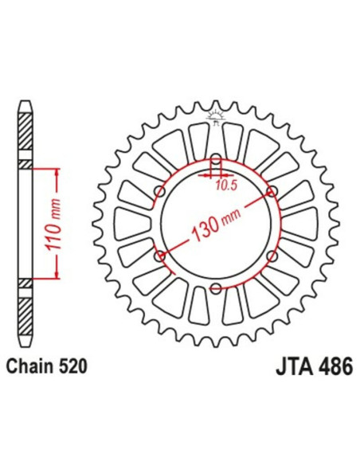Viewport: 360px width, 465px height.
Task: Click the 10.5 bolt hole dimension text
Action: [226, 186]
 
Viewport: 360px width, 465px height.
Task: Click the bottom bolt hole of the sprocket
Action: [216, 287]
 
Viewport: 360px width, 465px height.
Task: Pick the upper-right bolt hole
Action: [272, 190]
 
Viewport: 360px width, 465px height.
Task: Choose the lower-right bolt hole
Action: [272, 255]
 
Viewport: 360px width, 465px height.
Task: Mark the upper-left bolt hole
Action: [160, 190]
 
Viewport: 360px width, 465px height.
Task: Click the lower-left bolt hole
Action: [160, 255]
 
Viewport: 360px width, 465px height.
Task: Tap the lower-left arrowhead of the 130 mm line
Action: [165, 252]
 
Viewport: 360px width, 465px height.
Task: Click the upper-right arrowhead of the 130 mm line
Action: [267, 193]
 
